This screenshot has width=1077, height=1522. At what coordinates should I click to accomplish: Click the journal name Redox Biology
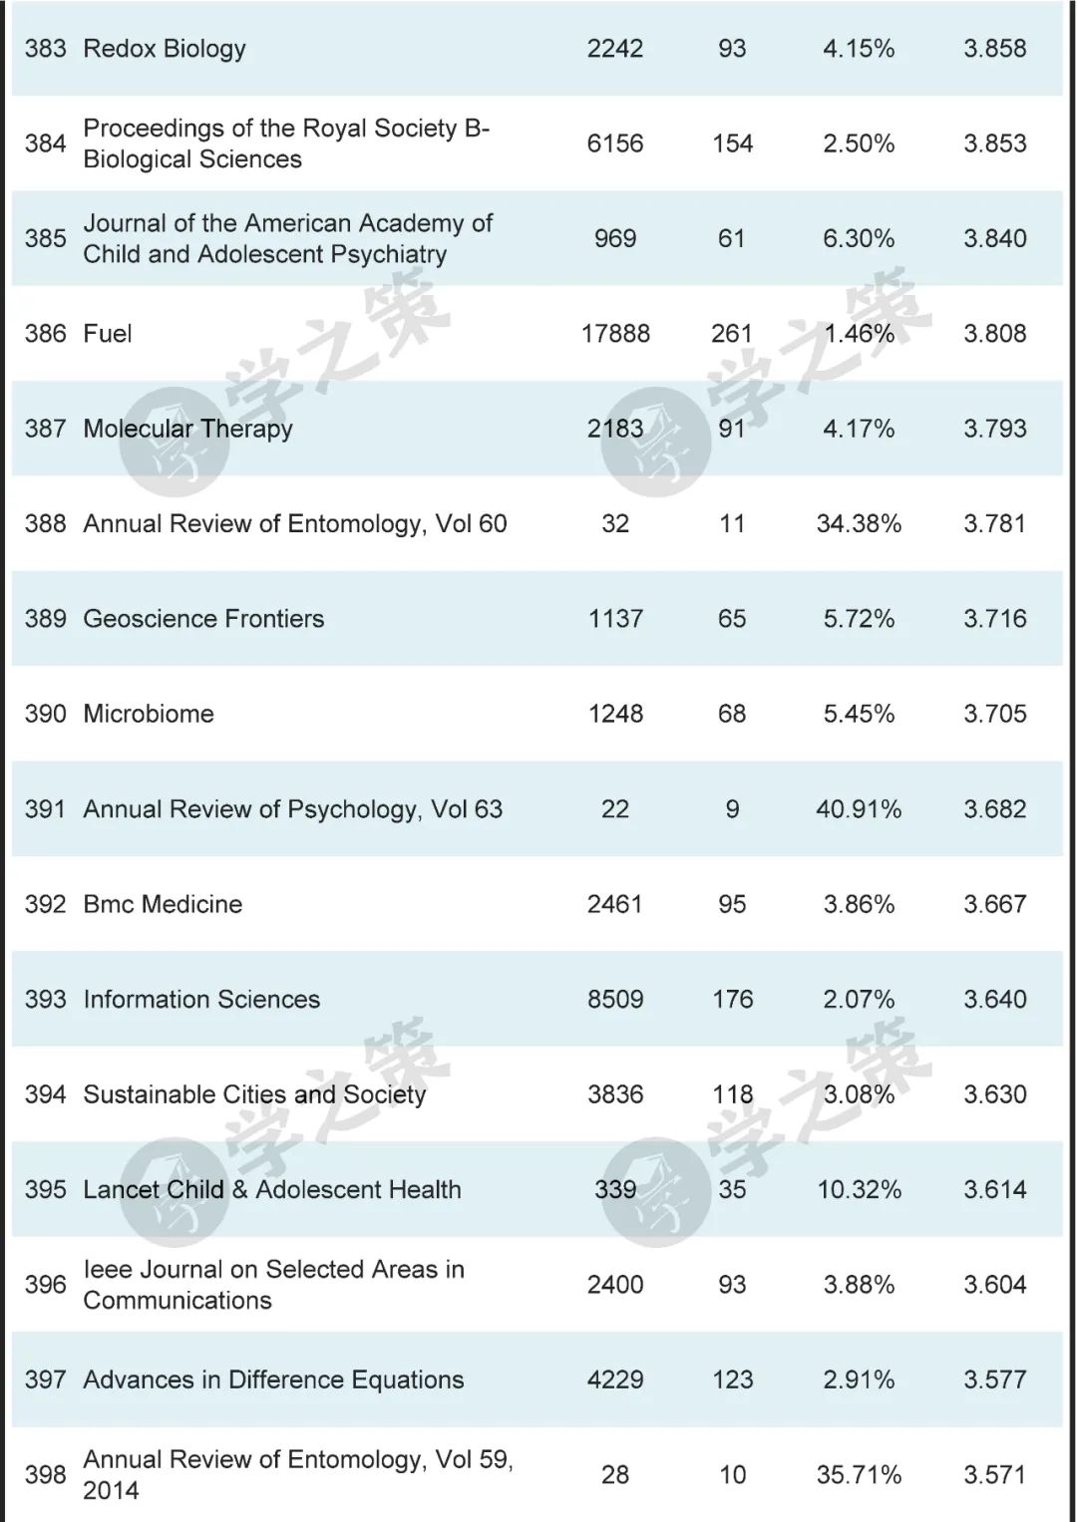click(165, 49)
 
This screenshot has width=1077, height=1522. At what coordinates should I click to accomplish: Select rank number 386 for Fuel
click(46, 334)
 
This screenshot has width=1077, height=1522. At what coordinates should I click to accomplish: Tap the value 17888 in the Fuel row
click(615, 334)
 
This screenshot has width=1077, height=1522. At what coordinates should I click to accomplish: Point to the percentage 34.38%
click(859, 524)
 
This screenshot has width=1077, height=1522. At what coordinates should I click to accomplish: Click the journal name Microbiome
click(149, 715)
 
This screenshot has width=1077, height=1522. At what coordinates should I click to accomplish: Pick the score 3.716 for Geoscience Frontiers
click(994, 619)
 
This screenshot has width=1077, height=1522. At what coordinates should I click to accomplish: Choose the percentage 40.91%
click(859, 809)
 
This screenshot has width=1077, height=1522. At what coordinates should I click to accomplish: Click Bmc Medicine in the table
click(163, 905)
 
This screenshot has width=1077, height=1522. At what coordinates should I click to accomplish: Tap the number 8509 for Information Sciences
click(615, 1000)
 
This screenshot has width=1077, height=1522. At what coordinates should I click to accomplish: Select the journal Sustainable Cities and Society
click(254, 1094)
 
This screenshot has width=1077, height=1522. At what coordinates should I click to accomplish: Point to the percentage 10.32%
click(859, 1190)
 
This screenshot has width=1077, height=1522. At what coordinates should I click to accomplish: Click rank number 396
click(46, 1285)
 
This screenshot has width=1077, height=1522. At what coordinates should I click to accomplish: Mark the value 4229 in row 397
click(615, 1380)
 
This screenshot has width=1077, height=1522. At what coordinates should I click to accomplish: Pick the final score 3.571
click(994, 1475)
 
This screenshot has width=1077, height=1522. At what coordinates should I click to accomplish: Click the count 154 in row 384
click(732, 144)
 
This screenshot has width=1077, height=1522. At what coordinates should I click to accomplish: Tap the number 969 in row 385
click(615, 239)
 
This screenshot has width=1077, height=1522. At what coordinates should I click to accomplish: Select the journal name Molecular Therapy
click(187, 430)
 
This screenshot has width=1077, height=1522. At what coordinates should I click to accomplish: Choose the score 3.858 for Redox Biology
click(994, 49)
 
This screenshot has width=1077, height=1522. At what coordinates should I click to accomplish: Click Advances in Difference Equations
click(273, 1380)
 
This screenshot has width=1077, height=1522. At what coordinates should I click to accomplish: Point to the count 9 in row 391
click(732, 809)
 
